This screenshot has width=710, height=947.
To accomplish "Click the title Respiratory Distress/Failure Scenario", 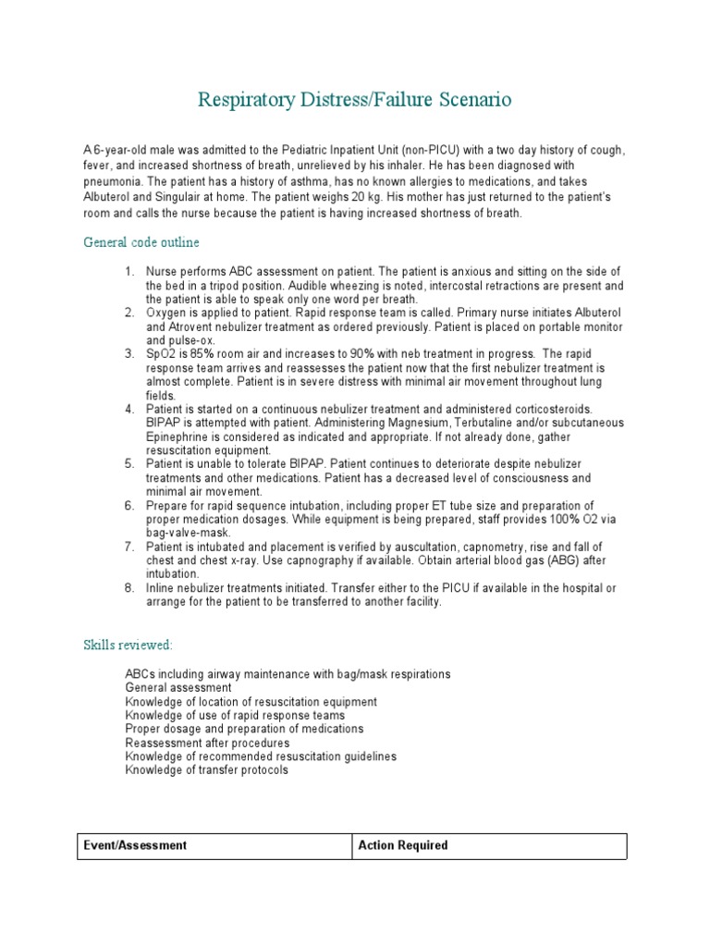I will (x=354, y=99).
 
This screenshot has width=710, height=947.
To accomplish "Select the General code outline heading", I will (x=141, y=242).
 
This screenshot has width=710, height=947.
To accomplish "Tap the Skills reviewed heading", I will (x=127, y=644).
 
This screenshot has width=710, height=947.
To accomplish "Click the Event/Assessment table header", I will (x=136, y=845).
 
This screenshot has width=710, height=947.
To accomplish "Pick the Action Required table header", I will (x=404, y=845).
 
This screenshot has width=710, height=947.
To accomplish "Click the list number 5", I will (x=129, y=462).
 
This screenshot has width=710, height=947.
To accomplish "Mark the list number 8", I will (x=129, y=587).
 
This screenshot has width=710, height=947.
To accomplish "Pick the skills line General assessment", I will (x=177, y=688).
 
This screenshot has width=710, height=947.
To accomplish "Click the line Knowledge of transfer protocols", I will (x=206, y=769).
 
